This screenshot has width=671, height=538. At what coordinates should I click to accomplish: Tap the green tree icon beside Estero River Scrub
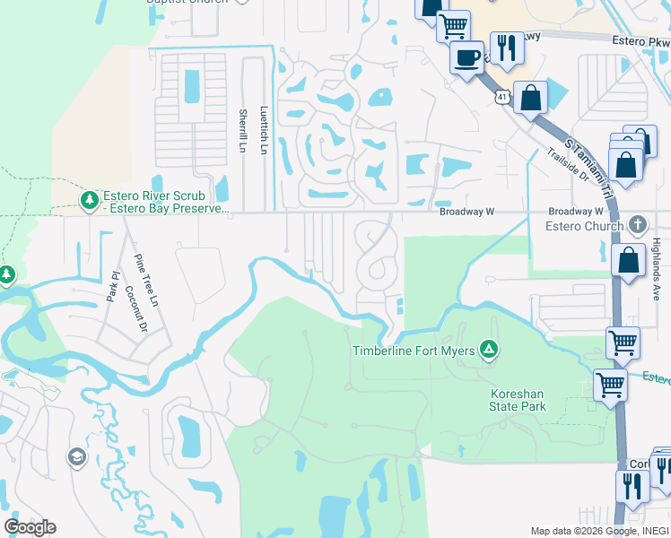[x=89, y=199]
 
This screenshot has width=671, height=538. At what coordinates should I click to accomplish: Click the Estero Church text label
[x=585, y=225]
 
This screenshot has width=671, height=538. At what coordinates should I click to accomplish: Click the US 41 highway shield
[x=502, y=95]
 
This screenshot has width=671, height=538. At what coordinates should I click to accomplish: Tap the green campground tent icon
[x=488, y=349]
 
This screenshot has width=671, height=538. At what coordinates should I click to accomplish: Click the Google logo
[x=30, y=526]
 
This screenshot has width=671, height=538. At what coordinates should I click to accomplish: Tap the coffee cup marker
[x=466, y=60]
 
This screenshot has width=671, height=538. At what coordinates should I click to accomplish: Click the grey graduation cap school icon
[x=76, y=458]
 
